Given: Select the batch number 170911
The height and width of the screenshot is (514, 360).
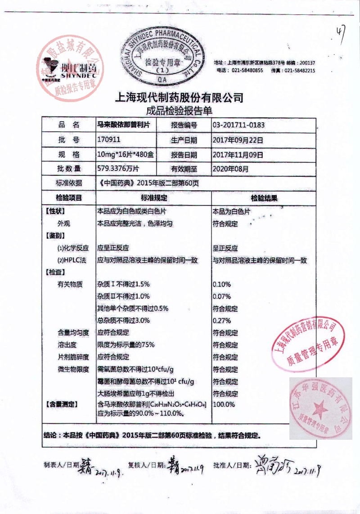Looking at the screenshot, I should [108, 140].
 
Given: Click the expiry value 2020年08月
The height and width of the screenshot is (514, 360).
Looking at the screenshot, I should [230, 169].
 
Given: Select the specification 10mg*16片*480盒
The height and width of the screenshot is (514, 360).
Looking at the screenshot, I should [126, 155].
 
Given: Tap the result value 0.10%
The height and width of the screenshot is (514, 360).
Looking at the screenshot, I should [221, 284].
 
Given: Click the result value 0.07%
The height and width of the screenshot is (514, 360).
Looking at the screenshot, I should [221, 296].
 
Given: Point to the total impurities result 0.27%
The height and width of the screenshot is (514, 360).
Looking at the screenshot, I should [221, 321].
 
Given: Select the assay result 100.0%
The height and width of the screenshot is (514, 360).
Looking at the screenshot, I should [224, 404].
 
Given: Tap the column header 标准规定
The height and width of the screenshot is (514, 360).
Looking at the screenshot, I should [155, 198].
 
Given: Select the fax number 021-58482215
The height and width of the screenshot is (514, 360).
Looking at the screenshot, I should [299, 71].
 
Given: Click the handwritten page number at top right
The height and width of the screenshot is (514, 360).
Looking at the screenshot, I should [341, 32].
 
